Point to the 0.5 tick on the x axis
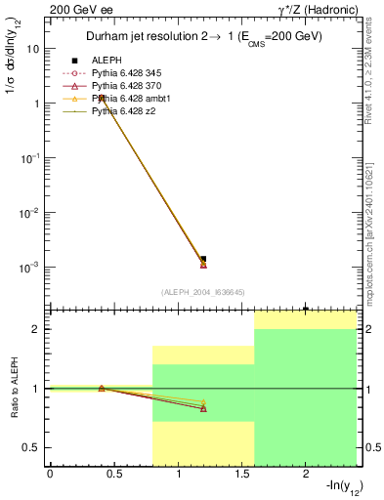pyautogui.click(x=113, y=476)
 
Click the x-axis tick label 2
pyautogui.click(x=305, y=476)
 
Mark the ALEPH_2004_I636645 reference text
pyautogui.click(x=201, y=291)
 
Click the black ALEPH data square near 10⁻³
pyautogui.click(x=203, y=259)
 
